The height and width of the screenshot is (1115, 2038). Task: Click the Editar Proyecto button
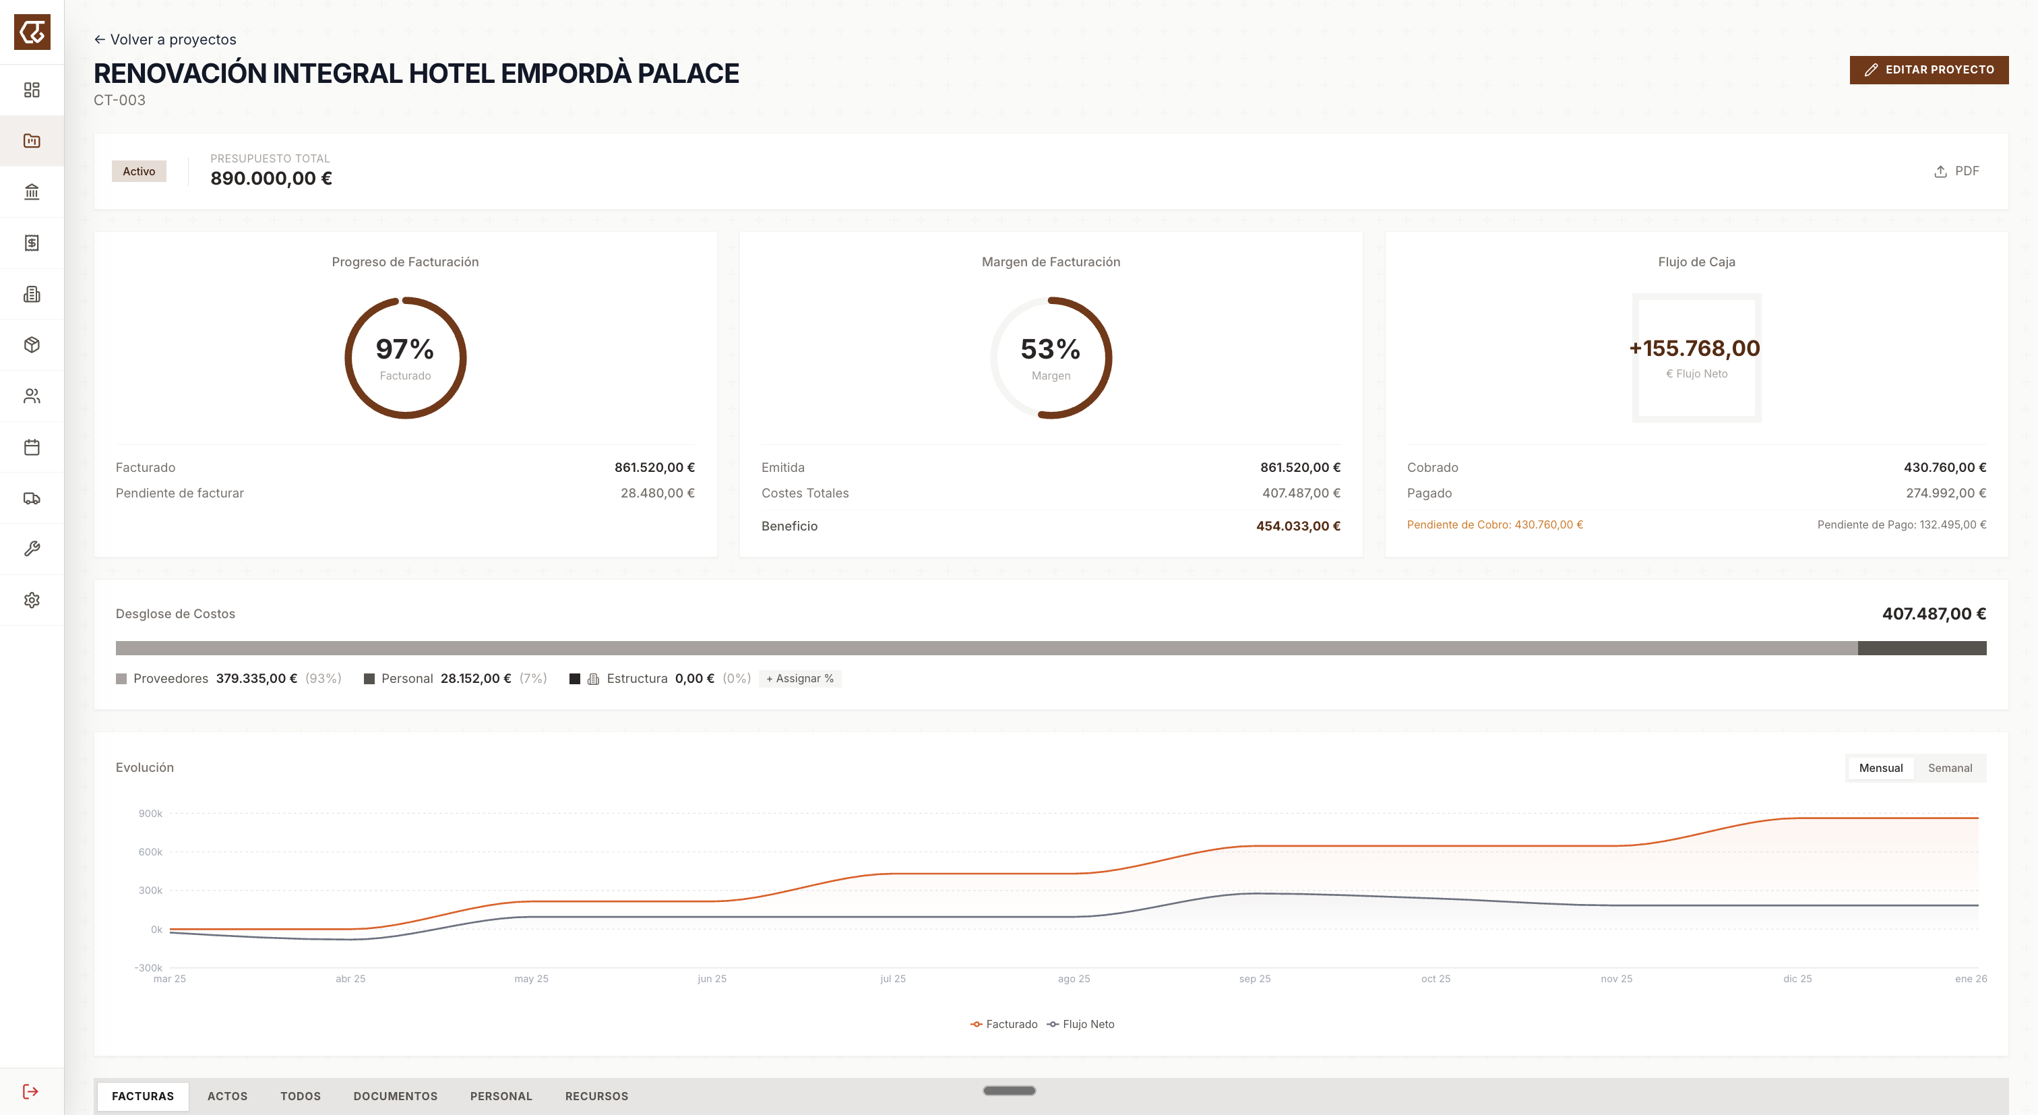1928,69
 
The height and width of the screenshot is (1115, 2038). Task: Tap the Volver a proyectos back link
164,40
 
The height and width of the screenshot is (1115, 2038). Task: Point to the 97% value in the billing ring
404,349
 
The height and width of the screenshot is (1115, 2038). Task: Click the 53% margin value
1050,349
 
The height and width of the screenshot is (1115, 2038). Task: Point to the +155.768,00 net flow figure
1695,349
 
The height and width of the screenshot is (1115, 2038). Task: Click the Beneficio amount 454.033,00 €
1297,526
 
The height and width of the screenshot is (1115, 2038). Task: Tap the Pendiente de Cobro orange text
1495,524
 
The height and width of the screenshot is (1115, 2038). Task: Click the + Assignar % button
799,678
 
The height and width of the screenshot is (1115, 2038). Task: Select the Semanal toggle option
1950,768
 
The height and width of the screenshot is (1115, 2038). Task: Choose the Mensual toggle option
1880,768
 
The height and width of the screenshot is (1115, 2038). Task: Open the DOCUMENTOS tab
395,1096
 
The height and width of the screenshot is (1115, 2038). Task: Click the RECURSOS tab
596,1096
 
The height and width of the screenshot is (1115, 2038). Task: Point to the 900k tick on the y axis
150,814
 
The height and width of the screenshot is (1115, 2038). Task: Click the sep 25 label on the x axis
1254,979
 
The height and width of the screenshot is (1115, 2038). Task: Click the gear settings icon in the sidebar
32,600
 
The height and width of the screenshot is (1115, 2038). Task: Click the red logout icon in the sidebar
31,1091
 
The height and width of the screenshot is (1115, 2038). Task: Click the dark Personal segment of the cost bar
1921,648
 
